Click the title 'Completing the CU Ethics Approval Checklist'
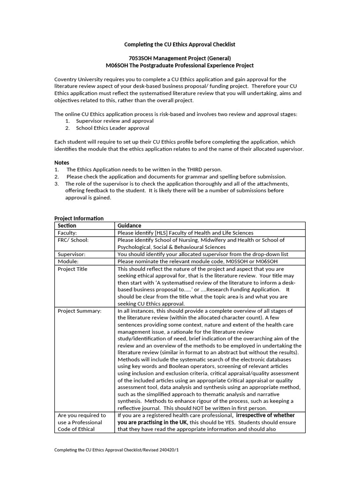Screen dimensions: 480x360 click(x=180, y=45)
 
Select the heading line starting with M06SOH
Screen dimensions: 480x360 click(x=180, y=66)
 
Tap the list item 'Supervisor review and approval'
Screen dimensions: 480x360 click(x=114, y=121)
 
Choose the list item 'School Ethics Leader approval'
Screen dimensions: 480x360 click(x=112, y=128)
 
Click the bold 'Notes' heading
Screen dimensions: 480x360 click(x=61, y=163)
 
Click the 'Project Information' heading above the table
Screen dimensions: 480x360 click(x=79, y=218)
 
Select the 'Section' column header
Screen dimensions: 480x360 click(x=67, y=225)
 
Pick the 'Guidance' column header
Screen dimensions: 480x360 click(x=129, y=225)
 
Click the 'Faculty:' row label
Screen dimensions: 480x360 click(x=67, y=233)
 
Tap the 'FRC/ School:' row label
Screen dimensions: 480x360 click(x=73, y=240)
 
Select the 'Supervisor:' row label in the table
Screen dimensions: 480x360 click(x=71, y=254)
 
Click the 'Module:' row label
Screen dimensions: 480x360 click(x=68, y=261)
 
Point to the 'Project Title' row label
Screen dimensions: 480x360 click(x=72, y=269)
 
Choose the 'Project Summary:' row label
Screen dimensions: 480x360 click(x=79, y=311)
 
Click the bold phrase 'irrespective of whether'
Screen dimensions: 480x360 click(x=265, y=415)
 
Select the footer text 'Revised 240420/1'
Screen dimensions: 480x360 click(x=159, y=450)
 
